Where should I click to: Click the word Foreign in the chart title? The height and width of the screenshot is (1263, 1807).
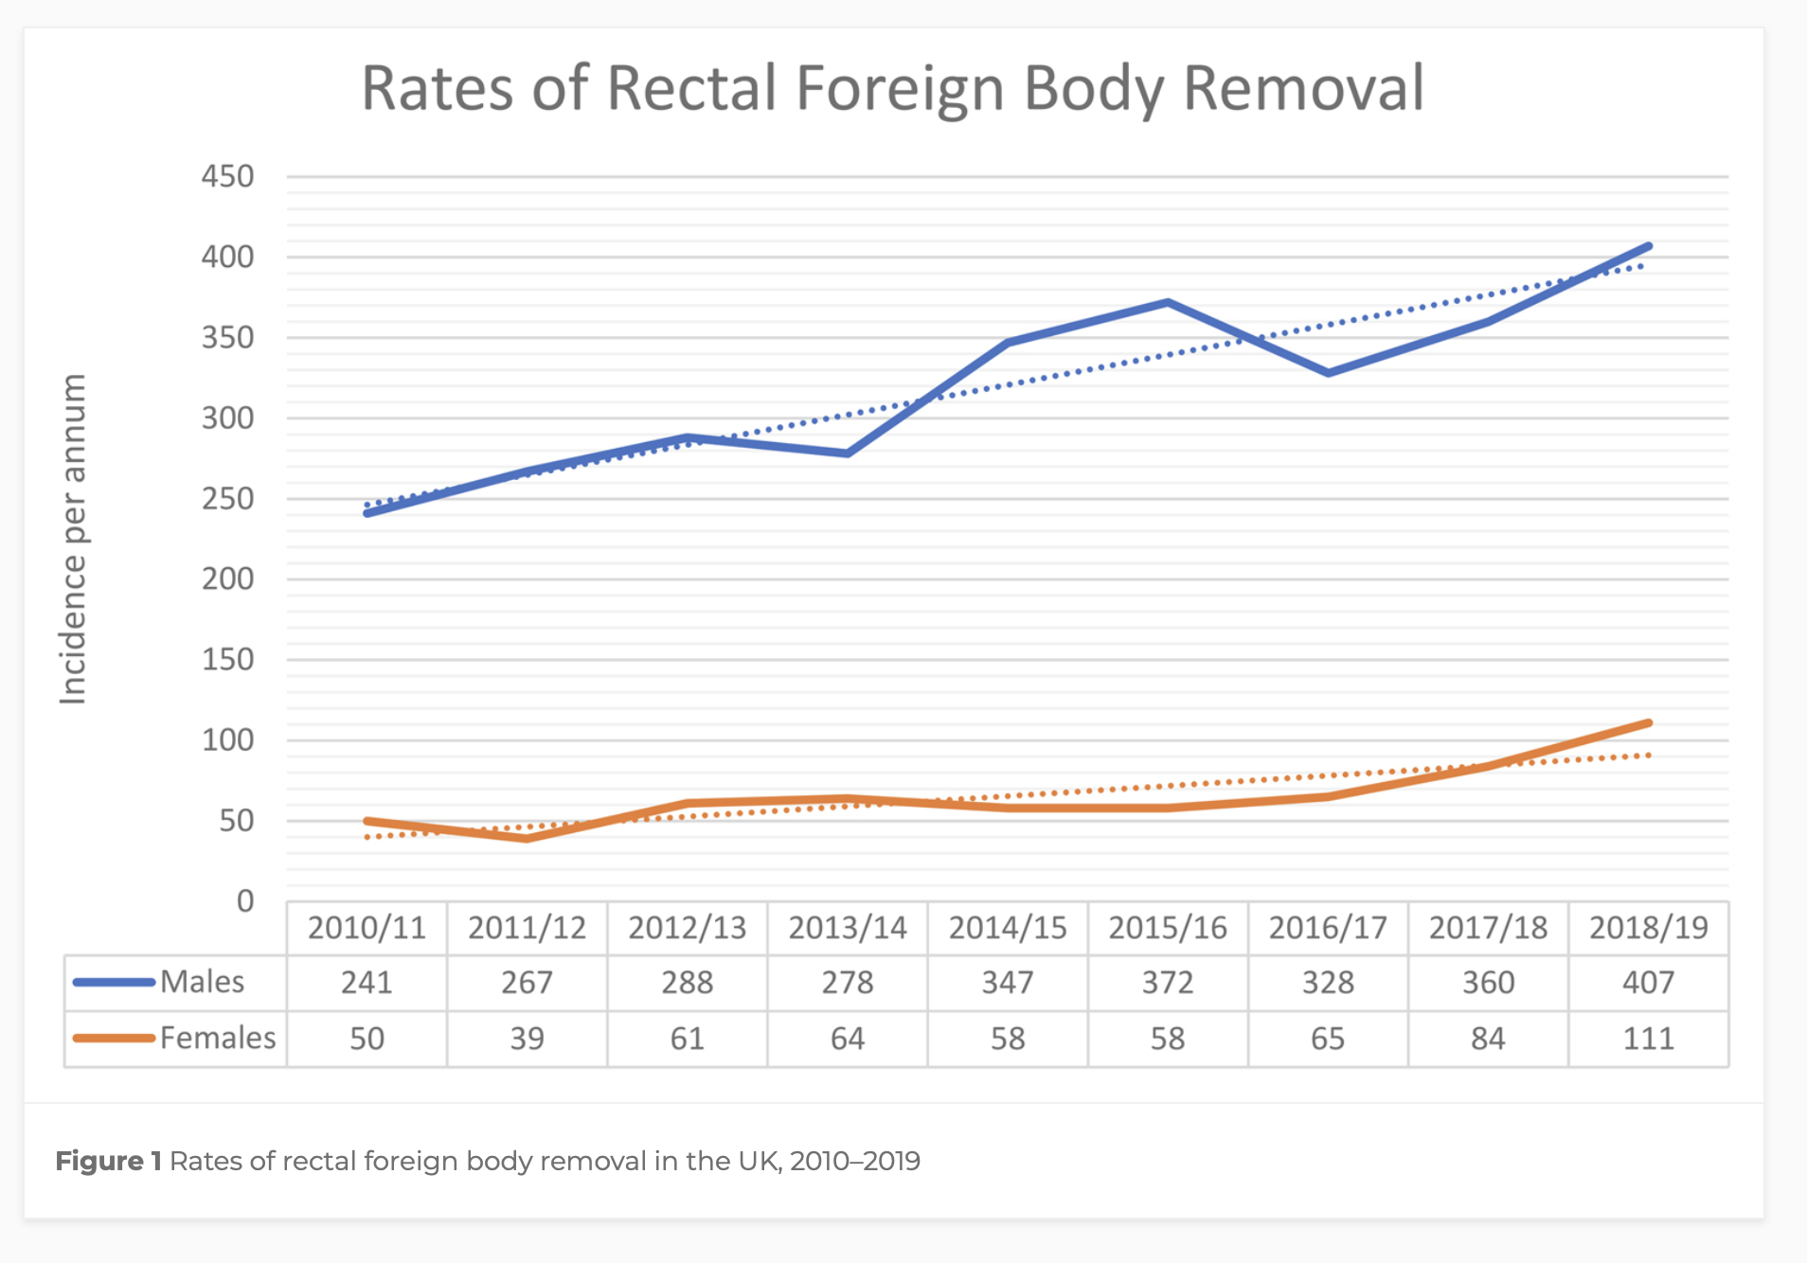(900, 89)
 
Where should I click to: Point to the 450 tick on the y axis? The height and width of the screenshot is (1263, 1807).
(227, 176)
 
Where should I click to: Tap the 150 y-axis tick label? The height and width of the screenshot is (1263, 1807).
(227, 659)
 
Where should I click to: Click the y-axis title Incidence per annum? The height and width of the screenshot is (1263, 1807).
(73, 539)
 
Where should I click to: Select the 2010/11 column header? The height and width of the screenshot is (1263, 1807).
(367, 928)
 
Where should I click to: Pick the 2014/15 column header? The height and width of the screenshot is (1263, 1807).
(1008, 928)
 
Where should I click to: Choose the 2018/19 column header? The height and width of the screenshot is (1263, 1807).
(1648, 928)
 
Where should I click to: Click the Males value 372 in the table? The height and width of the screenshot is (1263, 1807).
(1168, 983)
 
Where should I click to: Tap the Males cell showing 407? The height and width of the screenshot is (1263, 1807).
(1648, 983)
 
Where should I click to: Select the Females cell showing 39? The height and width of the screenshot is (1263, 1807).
(527, 1039)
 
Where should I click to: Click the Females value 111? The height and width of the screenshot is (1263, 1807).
(1648, 1039)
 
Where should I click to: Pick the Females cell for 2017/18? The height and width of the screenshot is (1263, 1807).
(1488, 1039)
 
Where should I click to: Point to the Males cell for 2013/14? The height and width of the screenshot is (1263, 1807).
(848, 983)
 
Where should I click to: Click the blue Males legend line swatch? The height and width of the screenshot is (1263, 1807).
(114, 983)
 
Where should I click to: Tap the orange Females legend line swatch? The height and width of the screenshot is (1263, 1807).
(114, 1039)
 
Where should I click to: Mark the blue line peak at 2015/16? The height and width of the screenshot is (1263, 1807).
(1169, 303)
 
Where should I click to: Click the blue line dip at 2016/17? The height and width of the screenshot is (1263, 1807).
(1329, 373)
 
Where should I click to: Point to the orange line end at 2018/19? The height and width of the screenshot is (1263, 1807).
(1649, 723)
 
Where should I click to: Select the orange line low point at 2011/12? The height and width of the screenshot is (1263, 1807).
(527, 838)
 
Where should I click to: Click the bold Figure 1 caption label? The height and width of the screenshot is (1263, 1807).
(108, 1161)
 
